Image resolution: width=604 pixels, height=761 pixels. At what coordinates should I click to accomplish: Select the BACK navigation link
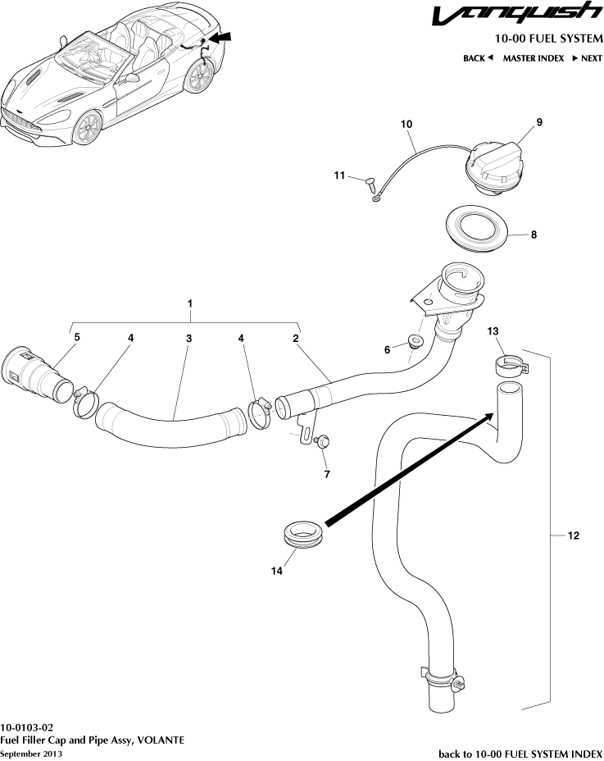478,58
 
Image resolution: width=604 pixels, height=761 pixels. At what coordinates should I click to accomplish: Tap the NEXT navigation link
587,58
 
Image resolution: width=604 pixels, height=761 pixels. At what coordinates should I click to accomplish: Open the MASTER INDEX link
533,58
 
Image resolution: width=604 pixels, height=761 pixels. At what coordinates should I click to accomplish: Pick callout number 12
573,535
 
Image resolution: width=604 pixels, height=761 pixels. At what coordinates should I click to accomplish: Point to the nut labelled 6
414,341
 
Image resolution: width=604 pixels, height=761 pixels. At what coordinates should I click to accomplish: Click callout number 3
188,338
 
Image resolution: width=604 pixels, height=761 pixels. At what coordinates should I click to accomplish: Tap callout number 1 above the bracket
190,303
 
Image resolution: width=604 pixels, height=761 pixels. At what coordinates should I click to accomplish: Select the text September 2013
30,753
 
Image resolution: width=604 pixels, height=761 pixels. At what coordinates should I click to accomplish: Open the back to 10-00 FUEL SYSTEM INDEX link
520,753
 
